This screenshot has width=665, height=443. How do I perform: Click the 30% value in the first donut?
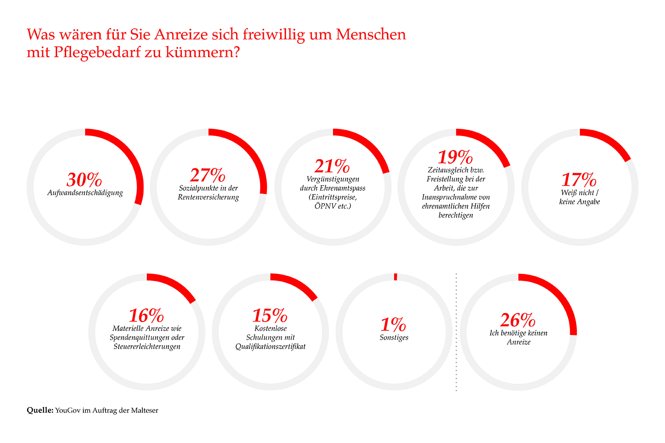[84, 180]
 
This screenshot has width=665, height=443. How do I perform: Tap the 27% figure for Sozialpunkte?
[208, 175]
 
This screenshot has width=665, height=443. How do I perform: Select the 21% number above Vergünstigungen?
[332, 166]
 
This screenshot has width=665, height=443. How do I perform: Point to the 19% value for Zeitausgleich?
[455, 157]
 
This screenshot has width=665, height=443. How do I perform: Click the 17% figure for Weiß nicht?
[579, 180]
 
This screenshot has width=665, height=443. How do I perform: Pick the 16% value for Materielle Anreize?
[146, 315]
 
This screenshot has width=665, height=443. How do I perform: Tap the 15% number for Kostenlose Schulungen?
[270, 315]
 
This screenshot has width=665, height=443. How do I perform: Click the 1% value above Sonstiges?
[393, 325]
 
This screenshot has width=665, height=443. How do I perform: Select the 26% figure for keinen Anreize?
[518, 320]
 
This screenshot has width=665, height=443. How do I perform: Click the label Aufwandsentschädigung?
[85, 193]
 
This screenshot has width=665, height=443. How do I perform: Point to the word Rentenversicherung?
[208, 197]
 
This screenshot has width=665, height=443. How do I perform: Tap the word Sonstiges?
[394, 338]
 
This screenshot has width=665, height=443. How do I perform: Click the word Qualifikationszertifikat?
[270, 346]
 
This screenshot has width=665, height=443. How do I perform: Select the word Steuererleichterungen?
[147, 346]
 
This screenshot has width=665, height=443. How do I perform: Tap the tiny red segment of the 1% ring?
[395, 277]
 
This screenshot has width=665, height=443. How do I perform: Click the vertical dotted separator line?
[456, 332]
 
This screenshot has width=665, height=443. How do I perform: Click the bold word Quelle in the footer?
[40, 410]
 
